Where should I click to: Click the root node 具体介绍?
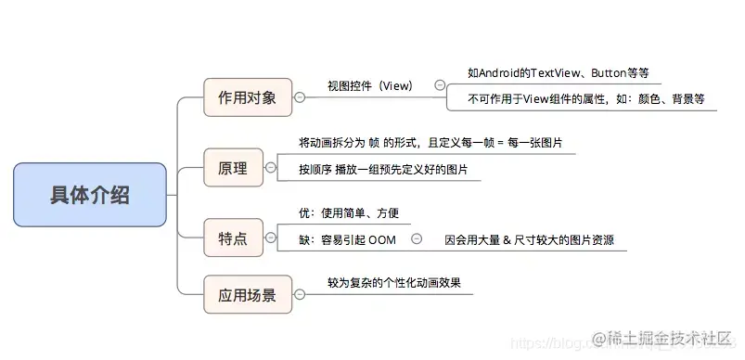click(x=90, y=195)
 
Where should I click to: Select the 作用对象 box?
click(x=246, y=97)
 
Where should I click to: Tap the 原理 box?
click(x=232, y=169)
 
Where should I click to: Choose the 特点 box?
click(x=232, y=238)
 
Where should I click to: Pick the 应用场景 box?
click(x=247, y=297)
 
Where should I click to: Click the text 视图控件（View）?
click(x=369, y=85)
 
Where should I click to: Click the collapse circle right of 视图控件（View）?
click(x=439, y=85)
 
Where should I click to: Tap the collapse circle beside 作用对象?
click(x=299, y=97)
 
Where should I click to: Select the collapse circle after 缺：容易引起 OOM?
click(x=417, y=238)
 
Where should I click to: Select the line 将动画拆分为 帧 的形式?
click(x=430, y=144)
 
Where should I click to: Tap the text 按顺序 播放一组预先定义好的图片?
click(x=383, y=171)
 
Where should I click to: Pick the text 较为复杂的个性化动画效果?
click(x=393, y=282)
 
